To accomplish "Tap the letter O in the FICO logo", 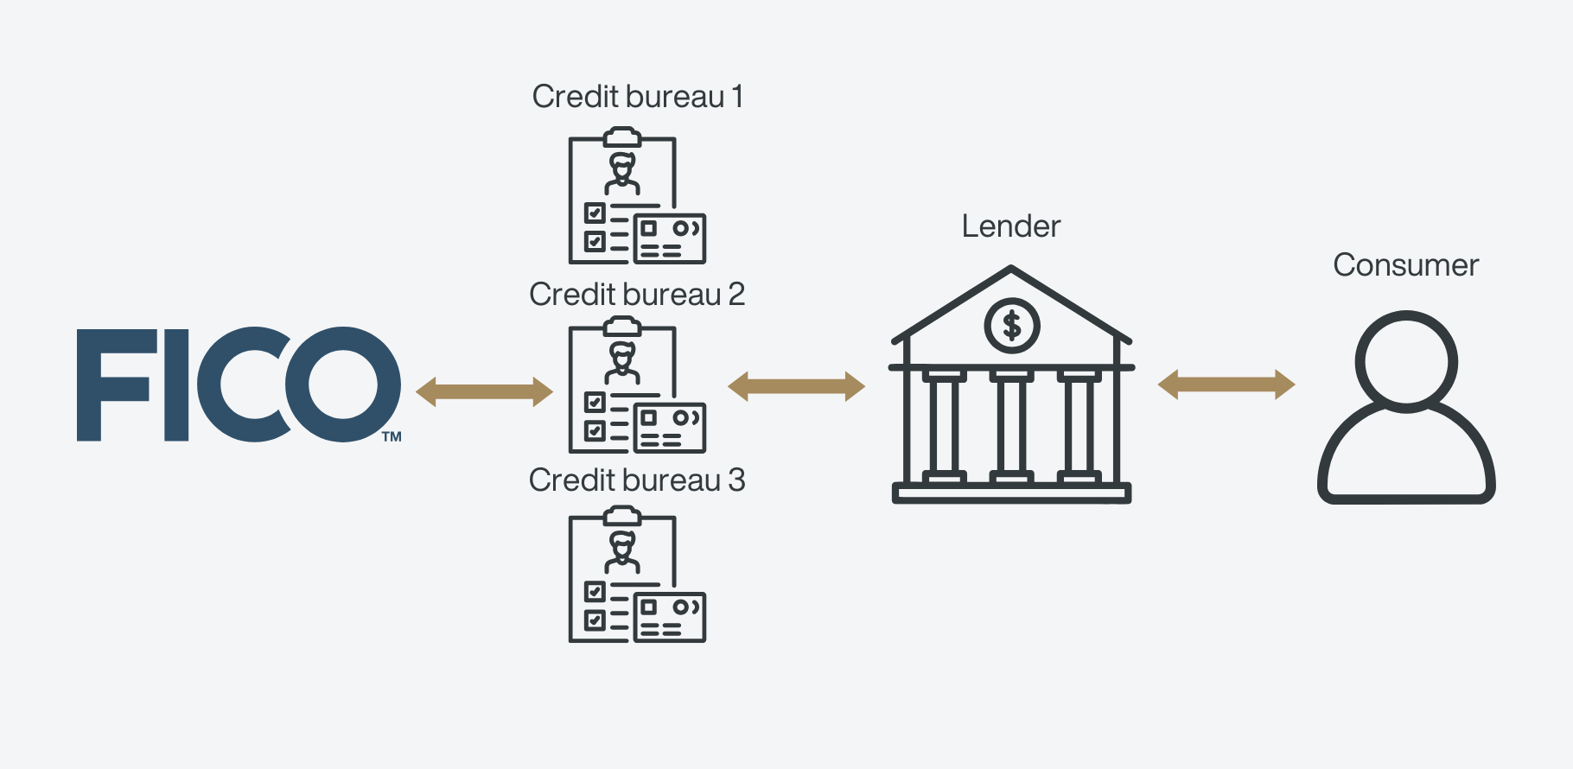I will [343, 384].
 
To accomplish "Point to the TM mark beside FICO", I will [392, 436].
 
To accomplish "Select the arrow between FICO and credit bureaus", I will [484, 391].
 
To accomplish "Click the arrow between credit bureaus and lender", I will [796, 386].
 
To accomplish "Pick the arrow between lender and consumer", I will [1226, 384].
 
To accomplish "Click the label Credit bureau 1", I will [637, 97].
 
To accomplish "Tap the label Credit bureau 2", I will [637, 295].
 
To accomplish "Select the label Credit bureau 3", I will [637, 480].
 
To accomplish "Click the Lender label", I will [1010, 226].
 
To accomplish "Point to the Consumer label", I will [1405, 265].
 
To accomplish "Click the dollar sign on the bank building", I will [1011, 326].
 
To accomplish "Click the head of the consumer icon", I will [1406, 361].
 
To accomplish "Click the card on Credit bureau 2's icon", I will [670, 428].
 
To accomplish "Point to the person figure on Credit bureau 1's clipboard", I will [622, 173].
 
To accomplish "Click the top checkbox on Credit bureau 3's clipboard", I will [595, 591].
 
